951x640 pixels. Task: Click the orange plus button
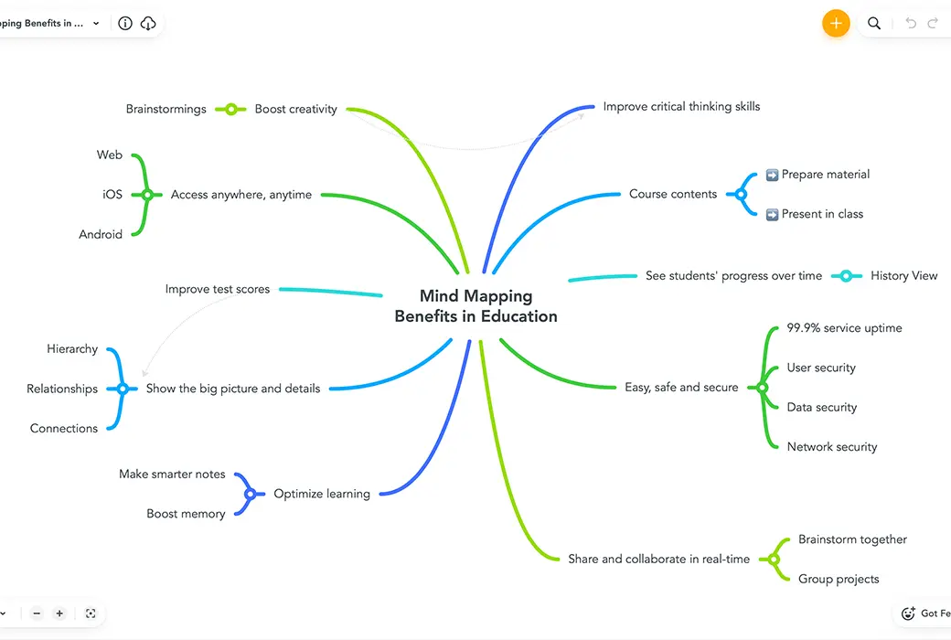pos(836,23)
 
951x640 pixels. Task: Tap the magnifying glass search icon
pos(874,23)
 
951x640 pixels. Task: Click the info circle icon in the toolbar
pos(125,23)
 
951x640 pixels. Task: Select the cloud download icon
pos(148,23)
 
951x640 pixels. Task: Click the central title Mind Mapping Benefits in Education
pos(476,305)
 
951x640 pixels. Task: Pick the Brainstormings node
pos(166,109)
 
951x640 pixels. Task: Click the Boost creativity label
pos(296,109)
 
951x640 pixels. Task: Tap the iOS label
pos(112,194)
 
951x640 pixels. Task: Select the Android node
pos(101,234)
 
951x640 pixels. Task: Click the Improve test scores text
pos(218,289)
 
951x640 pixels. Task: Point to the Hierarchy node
pos(72,349)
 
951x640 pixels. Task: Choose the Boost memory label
pos(187,514)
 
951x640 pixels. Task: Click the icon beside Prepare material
pos(772,175)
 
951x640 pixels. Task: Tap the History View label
pos(903,276)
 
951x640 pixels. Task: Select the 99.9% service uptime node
pos(844,328)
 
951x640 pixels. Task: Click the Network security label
pos(832,447)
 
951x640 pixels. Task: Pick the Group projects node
pos(839,580)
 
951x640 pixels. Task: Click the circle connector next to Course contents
pos(741,195)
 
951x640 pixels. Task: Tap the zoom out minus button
pos(37,613)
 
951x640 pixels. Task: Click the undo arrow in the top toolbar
pos(911,23)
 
